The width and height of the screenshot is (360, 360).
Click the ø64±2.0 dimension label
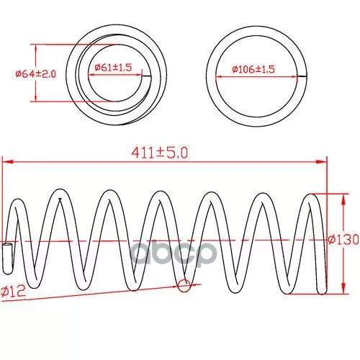coord(36,74)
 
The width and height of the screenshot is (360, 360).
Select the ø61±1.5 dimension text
coord(113,68)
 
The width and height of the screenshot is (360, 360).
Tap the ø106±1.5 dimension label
coord(253,69)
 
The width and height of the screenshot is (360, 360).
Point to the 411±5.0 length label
coord(160,153)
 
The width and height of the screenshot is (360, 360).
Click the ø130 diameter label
coord(343,239)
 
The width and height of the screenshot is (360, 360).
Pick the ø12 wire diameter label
coord(13,292)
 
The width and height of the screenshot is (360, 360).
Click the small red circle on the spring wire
coord(184,286)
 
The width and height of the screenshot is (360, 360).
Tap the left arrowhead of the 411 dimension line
coord(7,162)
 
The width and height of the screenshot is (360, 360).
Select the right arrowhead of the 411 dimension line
coord(322,162)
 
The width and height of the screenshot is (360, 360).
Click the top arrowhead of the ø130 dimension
coord(343,199)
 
